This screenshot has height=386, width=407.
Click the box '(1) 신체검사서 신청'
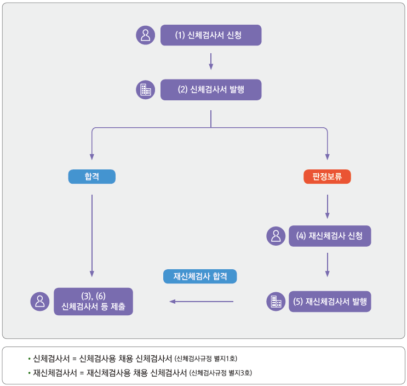(x=211, y=35)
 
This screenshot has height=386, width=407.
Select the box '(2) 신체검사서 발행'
(x=211, y=90)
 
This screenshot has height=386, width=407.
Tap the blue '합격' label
(x=91, y=177)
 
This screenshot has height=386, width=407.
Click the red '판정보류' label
(x=327, y=177)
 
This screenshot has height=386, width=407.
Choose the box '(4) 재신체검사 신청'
(x=330, y=236)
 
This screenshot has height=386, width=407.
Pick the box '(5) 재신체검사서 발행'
(x=330, y=302)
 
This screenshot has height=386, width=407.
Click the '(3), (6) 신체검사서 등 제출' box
(x=93, y=301)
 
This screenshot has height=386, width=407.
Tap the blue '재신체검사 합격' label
(x=200, y=276)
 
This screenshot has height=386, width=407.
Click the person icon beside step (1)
(x=145, y=35)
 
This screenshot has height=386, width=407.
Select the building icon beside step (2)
(x=145, y=90)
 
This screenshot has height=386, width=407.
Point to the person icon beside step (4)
(x=276, y=236)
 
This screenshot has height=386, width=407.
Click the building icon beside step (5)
(x=276, y=302)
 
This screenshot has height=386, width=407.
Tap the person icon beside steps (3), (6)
(x=40, y=301)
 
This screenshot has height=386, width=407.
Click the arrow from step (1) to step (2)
(x=211, y=61)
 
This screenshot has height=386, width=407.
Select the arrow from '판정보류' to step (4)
(x=327, y=206)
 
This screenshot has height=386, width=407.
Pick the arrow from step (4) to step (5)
(x=327, y=265)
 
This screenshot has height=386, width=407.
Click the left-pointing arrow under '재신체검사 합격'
(x=201, y=301)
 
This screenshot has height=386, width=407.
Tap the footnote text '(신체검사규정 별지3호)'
(x=220, y=373)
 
